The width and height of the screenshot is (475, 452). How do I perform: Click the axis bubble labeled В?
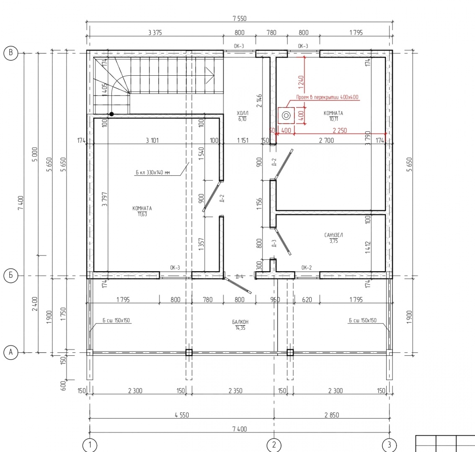coord(10,53)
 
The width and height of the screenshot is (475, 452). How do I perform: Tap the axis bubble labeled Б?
coord(10,276)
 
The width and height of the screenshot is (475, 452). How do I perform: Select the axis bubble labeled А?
coord(10,352)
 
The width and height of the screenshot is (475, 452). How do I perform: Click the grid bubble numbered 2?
coord(274,445)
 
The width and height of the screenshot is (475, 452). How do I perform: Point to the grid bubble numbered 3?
coord(389,445)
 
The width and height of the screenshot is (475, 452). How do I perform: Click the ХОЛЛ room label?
coord(243,113)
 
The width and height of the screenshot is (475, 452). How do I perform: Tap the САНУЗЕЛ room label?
coord(333,235)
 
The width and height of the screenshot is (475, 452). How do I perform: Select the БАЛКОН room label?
coord(240,322)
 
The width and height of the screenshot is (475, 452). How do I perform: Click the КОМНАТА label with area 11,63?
coord(142,208)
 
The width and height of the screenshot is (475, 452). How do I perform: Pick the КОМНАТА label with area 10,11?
coord(333,113)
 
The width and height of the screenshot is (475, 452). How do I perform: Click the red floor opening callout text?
coord(327,97)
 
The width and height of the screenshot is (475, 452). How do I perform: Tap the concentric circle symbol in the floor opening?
coord(286,116)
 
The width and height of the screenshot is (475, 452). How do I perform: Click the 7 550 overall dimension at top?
coord(240,18)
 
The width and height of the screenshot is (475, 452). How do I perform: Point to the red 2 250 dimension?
coord(340,131)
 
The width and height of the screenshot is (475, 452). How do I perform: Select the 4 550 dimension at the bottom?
coord(182,415)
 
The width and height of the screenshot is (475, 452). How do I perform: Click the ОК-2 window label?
coord(307,267)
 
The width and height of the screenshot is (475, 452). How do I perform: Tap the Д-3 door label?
coord(274,244)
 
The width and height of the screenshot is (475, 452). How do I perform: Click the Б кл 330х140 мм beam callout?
coord(152,172)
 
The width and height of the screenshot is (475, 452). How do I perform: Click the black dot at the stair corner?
coord(111,114)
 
